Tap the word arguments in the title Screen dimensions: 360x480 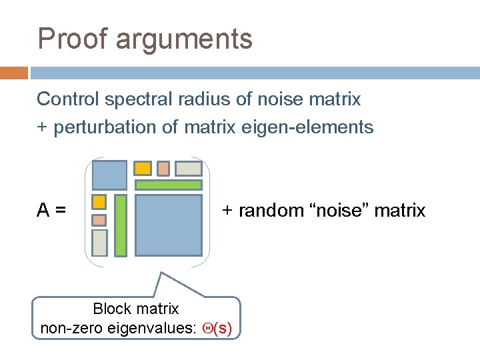point(184,40)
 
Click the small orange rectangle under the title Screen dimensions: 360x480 point(14,73)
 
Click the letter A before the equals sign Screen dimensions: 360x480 point(43,211)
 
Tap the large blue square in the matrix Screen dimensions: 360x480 point(169,225)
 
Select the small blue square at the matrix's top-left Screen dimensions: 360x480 point(109,175)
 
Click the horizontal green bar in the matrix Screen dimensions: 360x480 point(169,185)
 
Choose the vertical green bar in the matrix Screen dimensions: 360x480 point(121,225)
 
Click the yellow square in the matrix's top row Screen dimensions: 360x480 point(143,168)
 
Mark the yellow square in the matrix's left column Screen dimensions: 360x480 point(99,201)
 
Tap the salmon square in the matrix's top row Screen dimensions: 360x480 point(163,168)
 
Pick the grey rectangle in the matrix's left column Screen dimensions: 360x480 point(99,243)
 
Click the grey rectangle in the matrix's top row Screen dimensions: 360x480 point(189,169)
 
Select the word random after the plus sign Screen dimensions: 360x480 point(268,211)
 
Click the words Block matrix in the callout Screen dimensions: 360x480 point(136,309)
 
